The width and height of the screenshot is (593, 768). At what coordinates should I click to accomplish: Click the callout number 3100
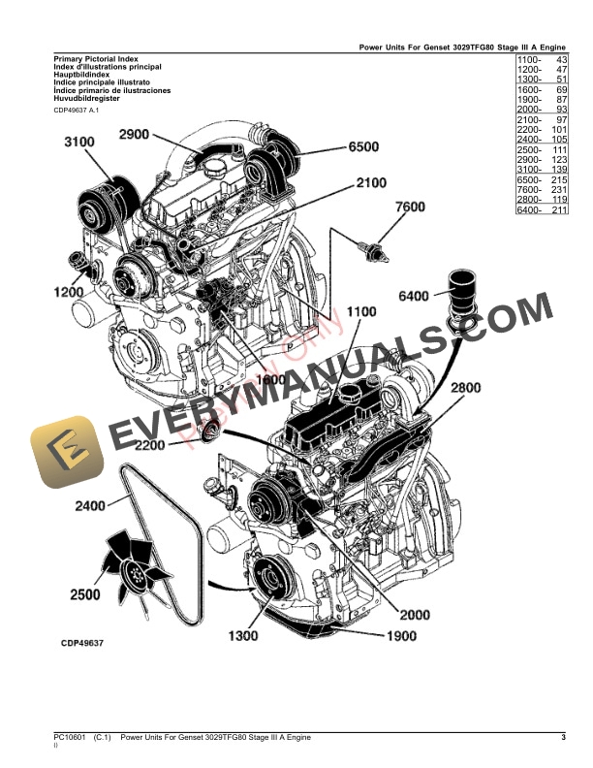click(x=79, y=143)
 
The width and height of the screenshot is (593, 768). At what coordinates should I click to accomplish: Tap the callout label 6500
click(x=365, y=148)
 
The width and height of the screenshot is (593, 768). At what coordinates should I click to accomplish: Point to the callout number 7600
click(x=410, y=207)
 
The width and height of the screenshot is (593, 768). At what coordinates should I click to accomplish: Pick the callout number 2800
click(x=465, y=387)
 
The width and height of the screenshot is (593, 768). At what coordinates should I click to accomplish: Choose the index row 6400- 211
click(x=542, y=210)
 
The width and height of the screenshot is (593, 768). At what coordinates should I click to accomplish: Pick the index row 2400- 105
click(x=542, y=140)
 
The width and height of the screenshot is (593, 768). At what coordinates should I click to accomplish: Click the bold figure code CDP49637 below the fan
click(x=82, y=642)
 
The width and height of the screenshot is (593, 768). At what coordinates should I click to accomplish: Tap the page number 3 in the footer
click(x=563, y=740)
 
